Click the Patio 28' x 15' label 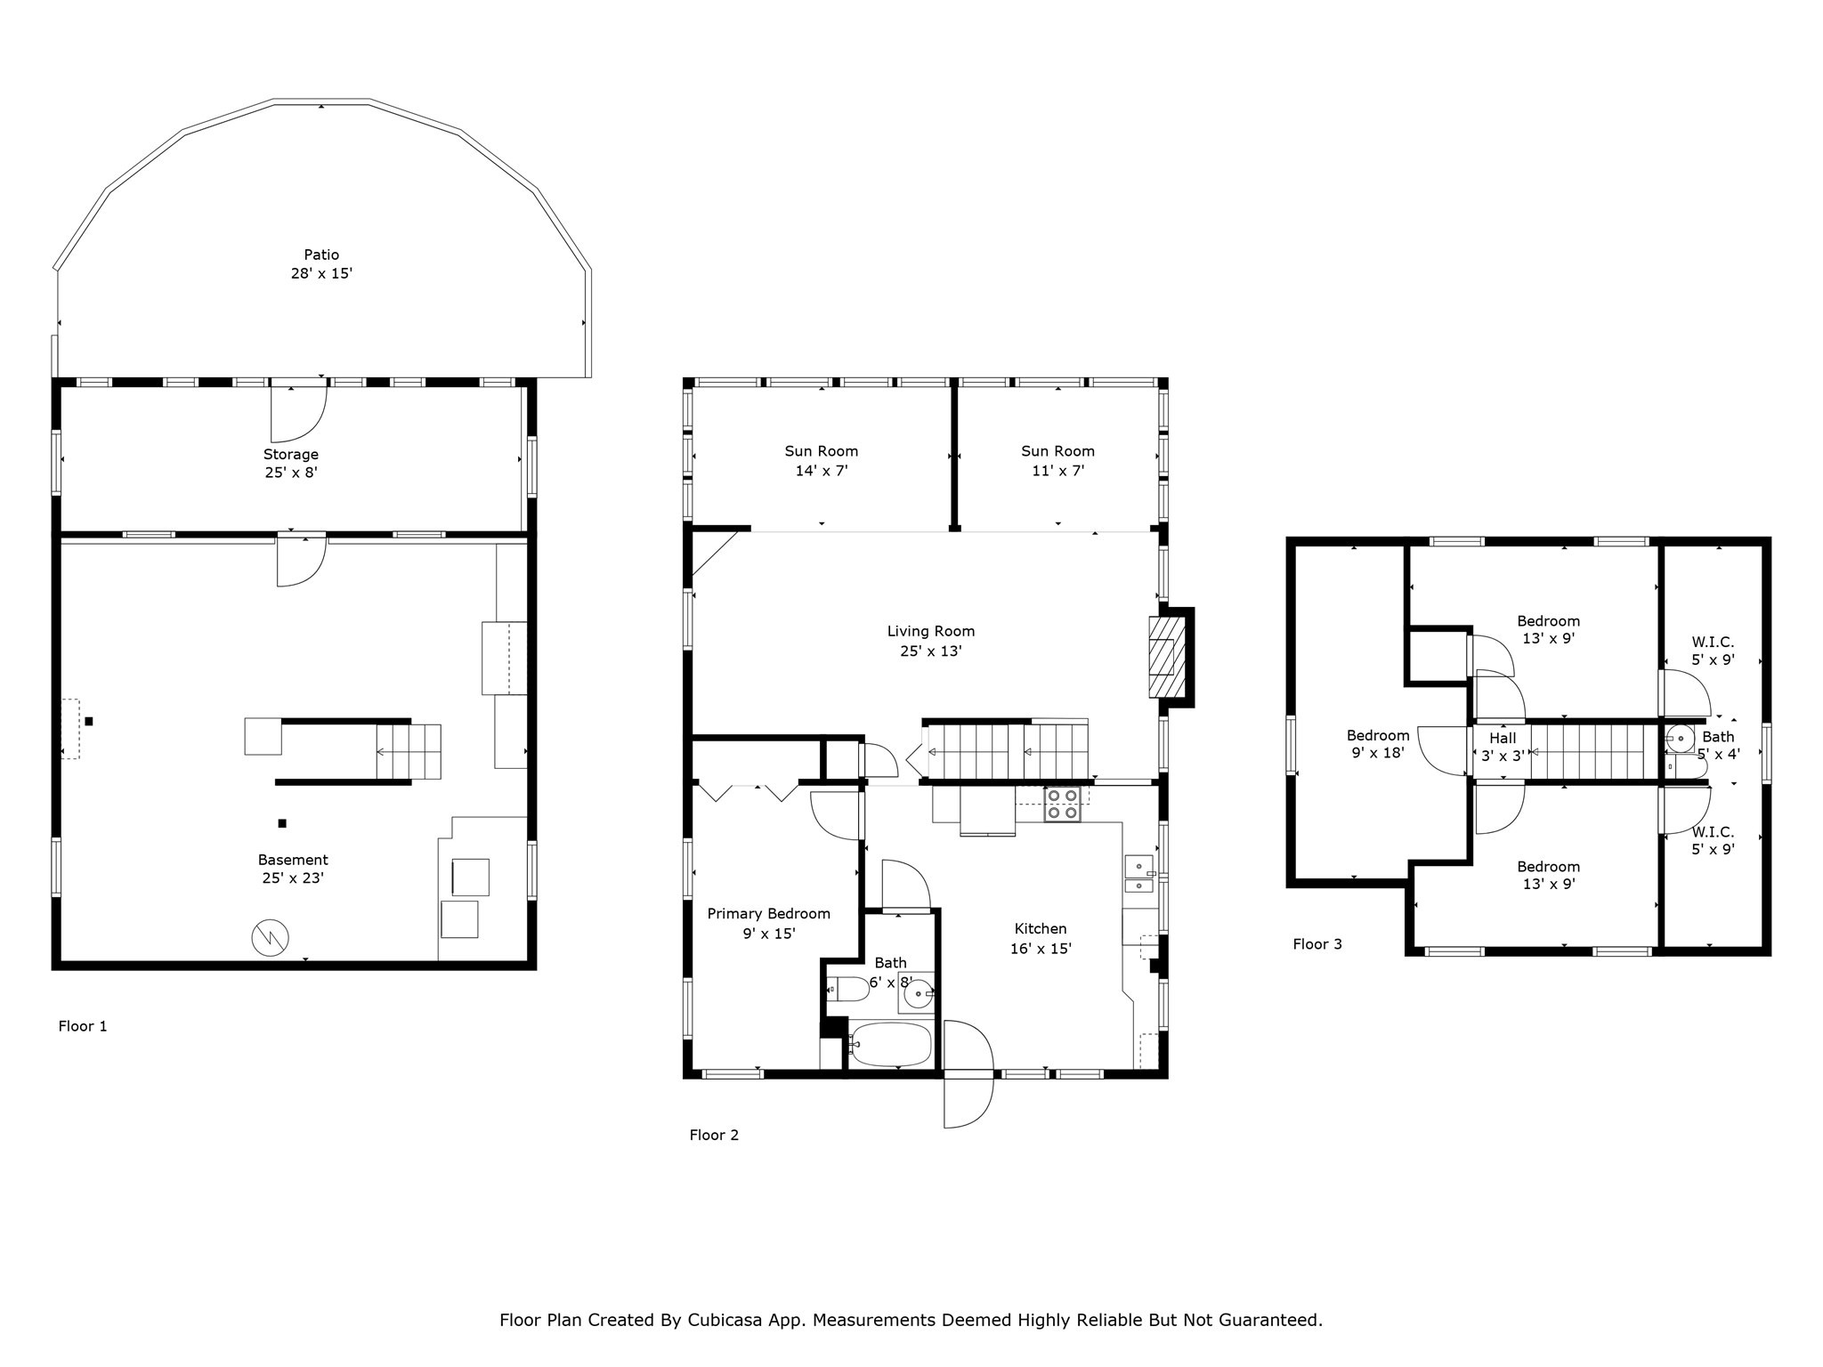point(321,264)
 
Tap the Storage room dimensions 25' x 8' point(290,473)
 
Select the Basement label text point(293,860)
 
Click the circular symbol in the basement point(270,938)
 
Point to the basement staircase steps point(408,752)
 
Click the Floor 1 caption point(83,1026)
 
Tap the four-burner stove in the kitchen point(1062,804)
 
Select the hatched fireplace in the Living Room point(1162,658)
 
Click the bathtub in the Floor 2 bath point(890,1044)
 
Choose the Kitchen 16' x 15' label point(1040,939)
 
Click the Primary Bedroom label point(768,914)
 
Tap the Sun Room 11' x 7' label point(1057,461)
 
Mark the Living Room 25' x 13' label point(930,641)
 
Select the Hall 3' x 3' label point(1503,747)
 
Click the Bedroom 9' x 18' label point(1377,744)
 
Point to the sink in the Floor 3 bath point(1681,739)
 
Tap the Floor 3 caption point(1317,944)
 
